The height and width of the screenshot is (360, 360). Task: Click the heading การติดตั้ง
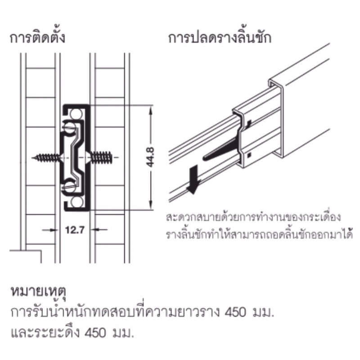pyautogui.click(x=38, y=37)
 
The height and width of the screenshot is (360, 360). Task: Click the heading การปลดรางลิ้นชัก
pyautogui.click(x=220, y=37)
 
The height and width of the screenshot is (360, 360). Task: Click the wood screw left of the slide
pyautogui.click(x=48, y=158)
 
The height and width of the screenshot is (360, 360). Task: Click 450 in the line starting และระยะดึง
pyautogui.click(x=98, y=334)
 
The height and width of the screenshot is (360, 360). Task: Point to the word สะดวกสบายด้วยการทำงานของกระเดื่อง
pyautogui.click(x=252, y=216)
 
